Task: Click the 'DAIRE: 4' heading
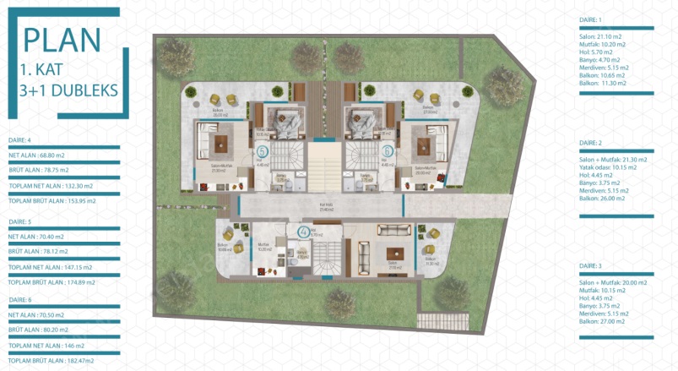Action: (x=19, y=140)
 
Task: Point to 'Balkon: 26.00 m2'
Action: (x=602, y=199)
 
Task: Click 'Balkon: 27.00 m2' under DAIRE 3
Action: (x=602, y=322)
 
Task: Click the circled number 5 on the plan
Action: (x=261, y=152)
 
